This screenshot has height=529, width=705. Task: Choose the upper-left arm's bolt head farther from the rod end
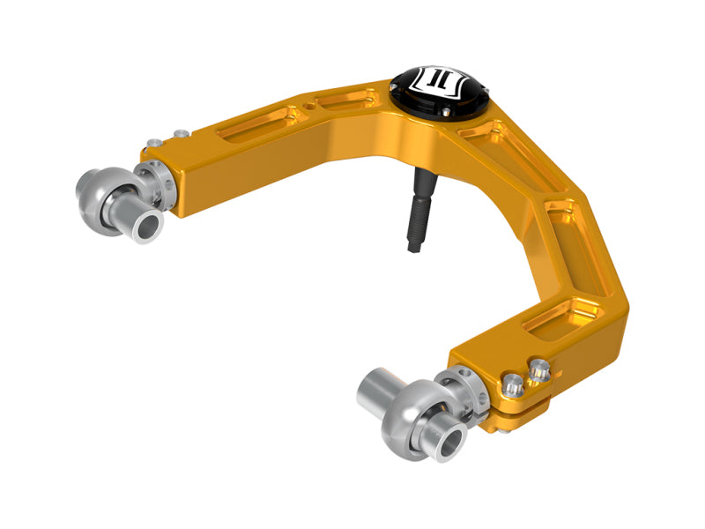tap(181, 133)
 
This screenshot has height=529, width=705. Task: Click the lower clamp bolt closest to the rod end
tap(511, 383)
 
